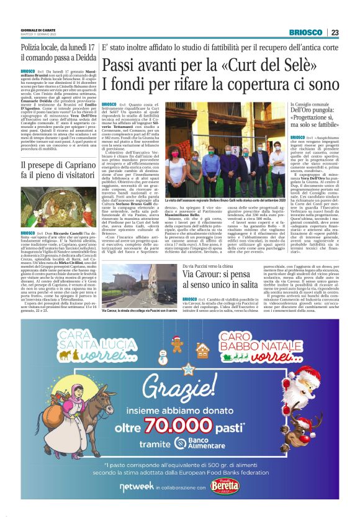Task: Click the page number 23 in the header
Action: tap(335, 32)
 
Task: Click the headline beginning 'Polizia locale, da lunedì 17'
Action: tap(56, 52)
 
